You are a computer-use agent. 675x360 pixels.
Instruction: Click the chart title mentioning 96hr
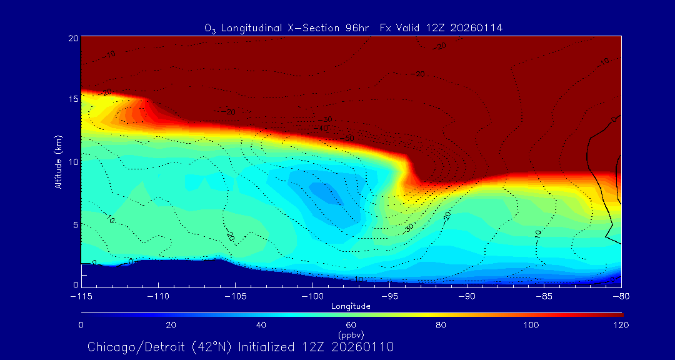[353, 28]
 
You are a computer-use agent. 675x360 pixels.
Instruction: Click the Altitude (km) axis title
[58, 161]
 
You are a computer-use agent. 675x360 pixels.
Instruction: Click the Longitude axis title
[351, 306]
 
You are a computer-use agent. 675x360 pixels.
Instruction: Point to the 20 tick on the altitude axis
[72, 38]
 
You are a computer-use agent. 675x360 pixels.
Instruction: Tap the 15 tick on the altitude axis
[72, 99]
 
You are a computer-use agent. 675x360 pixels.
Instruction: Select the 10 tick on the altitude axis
[72, 162]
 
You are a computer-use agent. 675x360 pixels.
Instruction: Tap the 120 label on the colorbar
[621, 325]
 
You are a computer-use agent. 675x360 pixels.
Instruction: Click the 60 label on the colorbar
[351, 325]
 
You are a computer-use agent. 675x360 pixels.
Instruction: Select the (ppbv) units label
[351, 334]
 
